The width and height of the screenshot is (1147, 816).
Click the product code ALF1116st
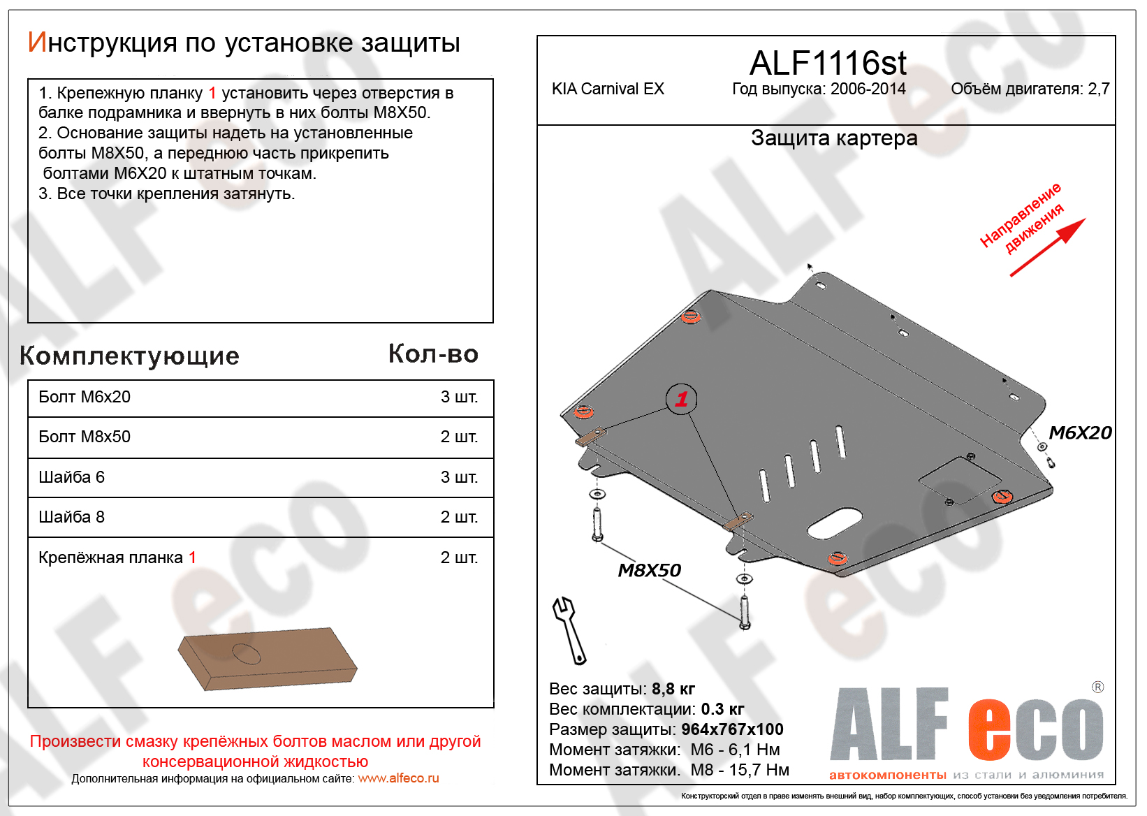828,63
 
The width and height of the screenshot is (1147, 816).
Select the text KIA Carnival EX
608,89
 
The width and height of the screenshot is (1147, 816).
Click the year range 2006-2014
868,89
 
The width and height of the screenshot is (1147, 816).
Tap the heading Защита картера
834,138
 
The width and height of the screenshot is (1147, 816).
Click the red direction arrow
1048,247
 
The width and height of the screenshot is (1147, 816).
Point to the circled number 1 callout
681,398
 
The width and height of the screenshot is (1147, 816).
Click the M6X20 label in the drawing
1081,433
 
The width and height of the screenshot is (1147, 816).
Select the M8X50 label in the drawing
649,570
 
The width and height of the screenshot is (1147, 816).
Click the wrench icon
569,631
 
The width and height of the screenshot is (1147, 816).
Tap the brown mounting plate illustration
268,659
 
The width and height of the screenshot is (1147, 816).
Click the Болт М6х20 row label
85,397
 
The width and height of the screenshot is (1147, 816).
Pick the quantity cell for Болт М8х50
459,437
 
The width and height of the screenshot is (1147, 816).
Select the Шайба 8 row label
72,518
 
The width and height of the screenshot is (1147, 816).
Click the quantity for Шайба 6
459,477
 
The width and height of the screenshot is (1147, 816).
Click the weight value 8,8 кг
673,689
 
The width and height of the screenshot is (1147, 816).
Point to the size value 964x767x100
732,729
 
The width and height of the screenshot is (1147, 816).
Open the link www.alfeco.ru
398,778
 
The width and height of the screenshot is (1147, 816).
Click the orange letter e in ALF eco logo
988,729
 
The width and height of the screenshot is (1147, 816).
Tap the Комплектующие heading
129,356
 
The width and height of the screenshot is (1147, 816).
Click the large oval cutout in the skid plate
834,523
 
